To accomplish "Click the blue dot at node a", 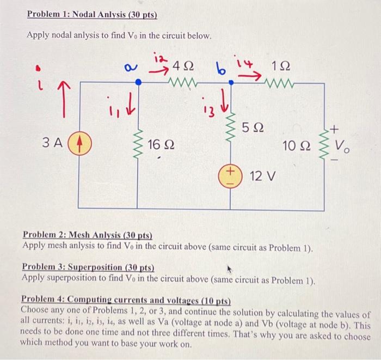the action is (x=138, y=82).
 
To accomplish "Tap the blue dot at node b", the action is (x=231, y=82).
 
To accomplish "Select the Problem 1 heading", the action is (x=92, y=15).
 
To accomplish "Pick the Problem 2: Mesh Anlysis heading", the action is (x=87, y=235).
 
